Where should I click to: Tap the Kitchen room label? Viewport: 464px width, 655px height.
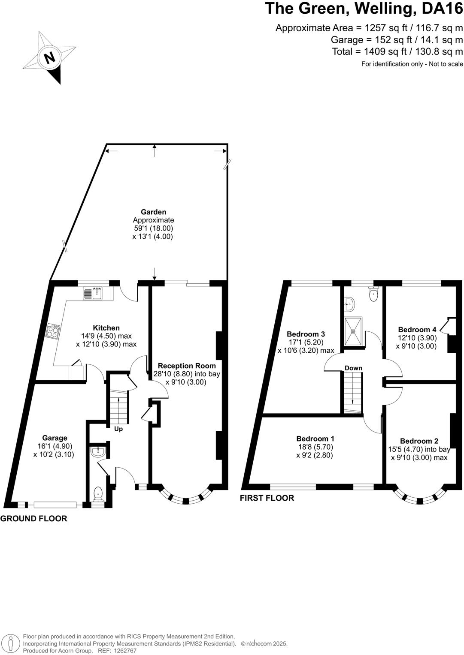[x=106, y=328]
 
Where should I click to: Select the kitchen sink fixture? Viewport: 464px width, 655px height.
[x=93, y=293]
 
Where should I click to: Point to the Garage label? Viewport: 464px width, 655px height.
[x=55, y=438]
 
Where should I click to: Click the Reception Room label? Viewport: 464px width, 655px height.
[x=187, y=366]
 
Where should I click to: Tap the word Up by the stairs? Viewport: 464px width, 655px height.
[x=118, y=429]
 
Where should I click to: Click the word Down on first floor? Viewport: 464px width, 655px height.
[x=353, y=368]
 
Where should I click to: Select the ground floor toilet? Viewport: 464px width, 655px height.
[x=98, y=494]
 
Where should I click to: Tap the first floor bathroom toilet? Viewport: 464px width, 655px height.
[x=373, y=294]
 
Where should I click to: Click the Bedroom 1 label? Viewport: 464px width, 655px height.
[x=315, y=439]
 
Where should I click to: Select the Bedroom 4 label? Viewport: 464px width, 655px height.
[x=417, y=330]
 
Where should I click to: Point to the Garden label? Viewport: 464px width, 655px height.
[x=153, y=212]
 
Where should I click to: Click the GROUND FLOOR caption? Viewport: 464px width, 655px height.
[x=34, y=519]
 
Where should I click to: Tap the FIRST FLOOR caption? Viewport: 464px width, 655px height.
[x=267, y=498]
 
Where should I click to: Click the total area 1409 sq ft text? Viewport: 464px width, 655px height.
[x=397, y=51]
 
